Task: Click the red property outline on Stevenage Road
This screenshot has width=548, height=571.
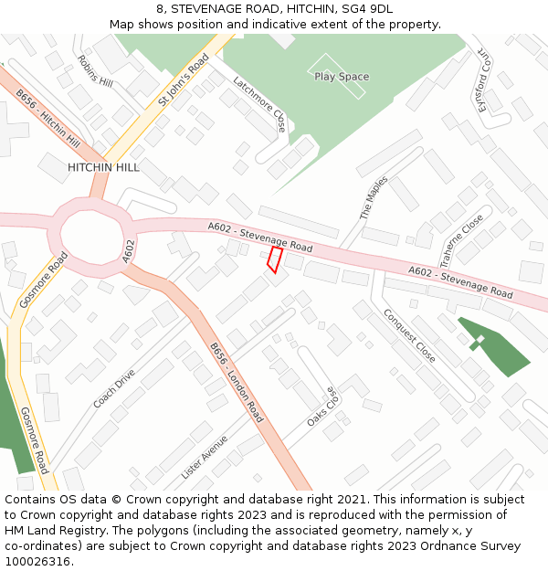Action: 274,259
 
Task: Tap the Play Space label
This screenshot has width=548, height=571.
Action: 341,77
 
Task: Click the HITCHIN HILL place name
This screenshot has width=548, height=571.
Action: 103,168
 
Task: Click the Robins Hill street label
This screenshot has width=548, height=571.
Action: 95,70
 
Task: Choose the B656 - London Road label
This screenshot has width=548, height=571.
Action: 237,383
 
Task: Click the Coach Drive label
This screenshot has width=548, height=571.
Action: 114,388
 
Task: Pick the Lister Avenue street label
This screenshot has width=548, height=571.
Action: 205,457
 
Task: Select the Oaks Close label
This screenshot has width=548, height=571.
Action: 322,406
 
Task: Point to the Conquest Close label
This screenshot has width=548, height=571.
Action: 409,334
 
